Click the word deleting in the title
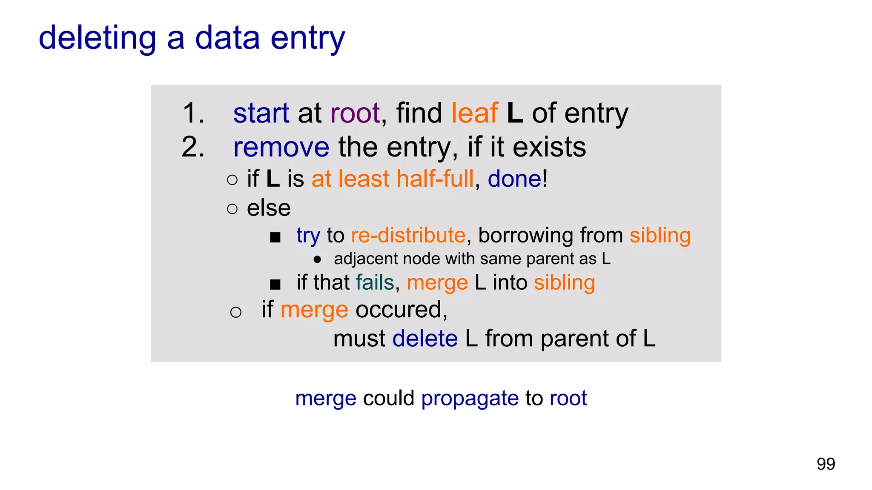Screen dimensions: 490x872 98,38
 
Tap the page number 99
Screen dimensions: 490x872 826,464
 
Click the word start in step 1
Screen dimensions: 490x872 261,114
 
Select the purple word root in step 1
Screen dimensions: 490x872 355,114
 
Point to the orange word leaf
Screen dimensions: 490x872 474,114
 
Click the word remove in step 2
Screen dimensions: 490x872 281,148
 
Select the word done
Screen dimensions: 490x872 514,179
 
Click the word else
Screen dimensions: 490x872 269,208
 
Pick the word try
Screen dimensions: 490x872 308,236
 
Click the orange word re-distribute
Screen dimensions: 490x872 408,235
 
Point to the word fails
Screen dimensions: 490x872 375,282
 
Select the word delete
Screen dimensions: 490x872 425,339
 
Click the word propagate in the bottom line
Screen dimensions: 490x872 470,399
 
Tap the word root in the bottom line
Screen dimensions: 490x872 568,399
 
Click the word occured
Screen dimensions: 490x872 401,310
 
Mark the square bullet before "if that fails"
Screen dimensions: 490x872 275,284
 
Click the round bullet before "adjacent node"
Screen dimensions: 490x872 317,259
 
